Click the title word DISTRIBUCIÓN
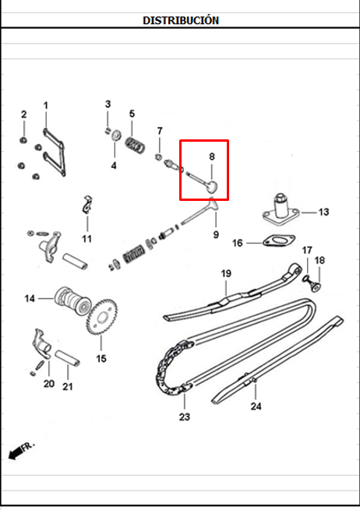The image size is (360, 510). (181, 20)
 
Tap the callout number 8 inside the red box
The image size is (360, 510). (212, 157)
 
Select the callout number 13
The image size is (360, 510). (323, 212)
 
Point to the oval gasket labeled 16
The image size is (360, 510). (279, 241)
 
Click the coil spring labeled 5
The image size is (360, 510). (135, 145)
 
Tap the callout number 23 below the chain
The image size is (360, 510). (184, 417)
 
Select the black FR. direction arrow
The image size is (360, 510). (15, 453)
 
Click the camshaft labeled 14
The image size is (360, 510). (72, 301)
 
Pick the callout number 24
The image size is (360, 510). (256, 406)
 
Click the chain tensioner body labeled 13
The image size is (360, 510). (281, 209)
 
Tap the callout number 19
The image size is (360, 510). (226, 273)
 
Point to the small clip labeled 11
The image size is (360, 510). (87, 204)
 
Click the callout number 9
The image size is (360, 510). (216, 234)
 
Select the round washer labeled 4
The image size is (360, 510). (115, 135)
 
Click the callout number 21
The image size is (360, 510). (68, 387)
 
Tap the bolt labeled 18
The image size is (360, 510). (316, 287)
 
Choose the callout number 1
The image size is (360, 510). (45, 105)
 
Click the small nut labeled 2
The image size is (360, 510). (23, 140)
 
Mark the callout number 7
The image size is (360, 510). (160, 131)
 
